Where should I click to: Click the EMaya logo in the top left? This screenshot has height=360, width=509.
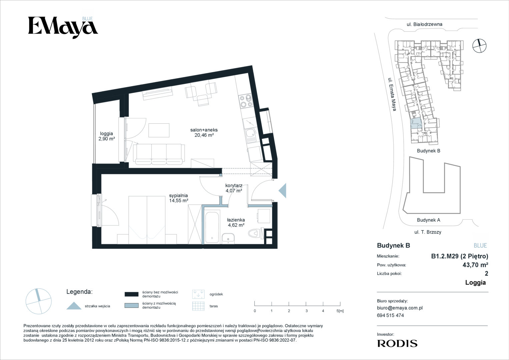pyautogui.click(x=63, y=28)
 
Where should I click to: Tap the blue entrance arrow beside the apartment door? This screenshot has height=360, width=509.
pyautogui.click(x=283, y=190)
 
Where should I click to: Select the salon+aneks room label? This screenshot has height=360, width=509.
pyautogui.click(x=204, y=130)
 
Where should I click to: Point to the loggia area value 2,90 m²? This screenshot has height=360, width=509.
pyautogui.click(x=107, y=139)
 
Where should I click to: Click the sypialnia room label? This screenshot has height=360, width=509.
pyautogui.click(x=178, y=195)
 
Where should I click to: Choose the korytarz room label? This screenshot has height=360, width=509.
pyautogui.click(x=234, y=185)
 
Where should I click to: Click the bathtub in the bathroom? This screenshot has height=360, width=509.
pyautogui.click(x=212, y=227)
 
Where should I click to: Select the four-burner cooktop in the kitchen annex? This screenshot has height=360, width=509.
pyautogui.click(x=246, y=101)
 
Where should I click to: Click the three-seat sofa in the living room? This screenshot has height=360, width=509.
pyautogui.click(x=159, y=154)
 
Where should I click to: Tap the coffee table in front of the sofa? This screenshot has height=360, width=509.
pyautogui.click(x=159, y=130)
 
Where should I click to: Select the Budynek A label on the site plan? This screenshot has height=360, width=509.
pyautogui.click(x=429, y=220)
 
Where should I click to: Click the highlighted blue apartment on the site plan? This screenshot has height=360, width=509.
pyautogui.click(x=416, y=123)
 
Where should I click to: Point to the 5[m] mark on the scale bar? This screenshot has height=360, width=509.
pyautogui.click(x=340, y=311)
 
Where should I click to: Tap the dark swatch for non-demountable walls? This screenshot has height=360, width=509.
pyautogui.click(x=132, y=294)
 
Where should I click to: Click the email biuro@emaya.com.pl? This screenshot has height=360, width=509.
pyautogui.click(x=400, y=308)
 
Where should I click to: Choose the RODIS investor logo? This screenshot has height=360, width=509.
pyautogui.click(x=397, y=344)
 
